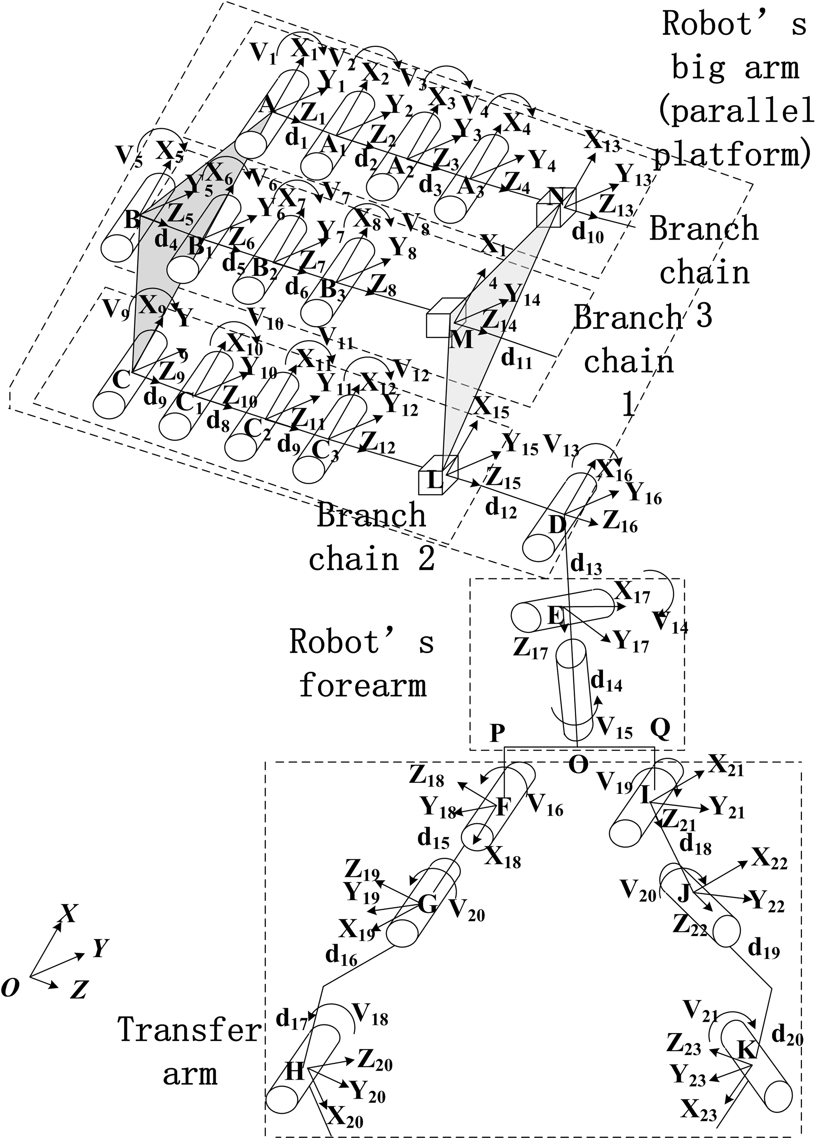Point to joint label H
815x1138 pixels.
[x=295, y=1072]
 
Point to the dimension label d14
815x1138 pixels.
[x=606, y=682]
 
